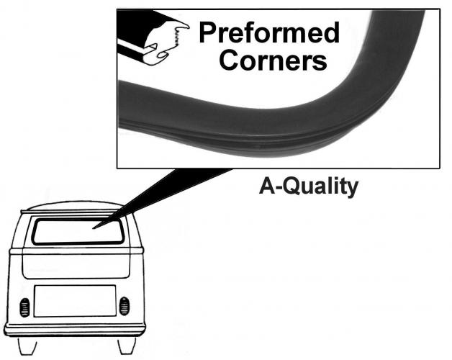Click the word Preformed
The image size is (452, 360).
[269, 32]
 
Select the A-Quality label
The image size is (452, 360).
[309, 186]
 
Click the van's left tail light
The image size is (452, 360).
[24, 307]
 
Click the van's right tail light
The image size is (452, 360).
[125, 306]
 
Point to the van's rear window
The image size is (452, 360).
[78, 233]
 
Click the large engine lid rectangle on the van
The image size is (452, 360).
[75, 301]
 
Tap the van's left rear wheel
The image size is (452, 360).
[27, 346]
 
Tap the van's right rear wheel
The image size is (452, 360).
[127, 346]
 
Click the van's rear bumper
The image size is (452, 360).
[75, 330]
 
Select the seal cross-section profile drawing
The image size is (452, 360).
[153, 37]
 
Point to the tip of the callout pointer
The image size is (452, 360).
[93, 229]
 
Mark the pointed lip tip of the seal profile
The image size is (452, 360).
[189, 27]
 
